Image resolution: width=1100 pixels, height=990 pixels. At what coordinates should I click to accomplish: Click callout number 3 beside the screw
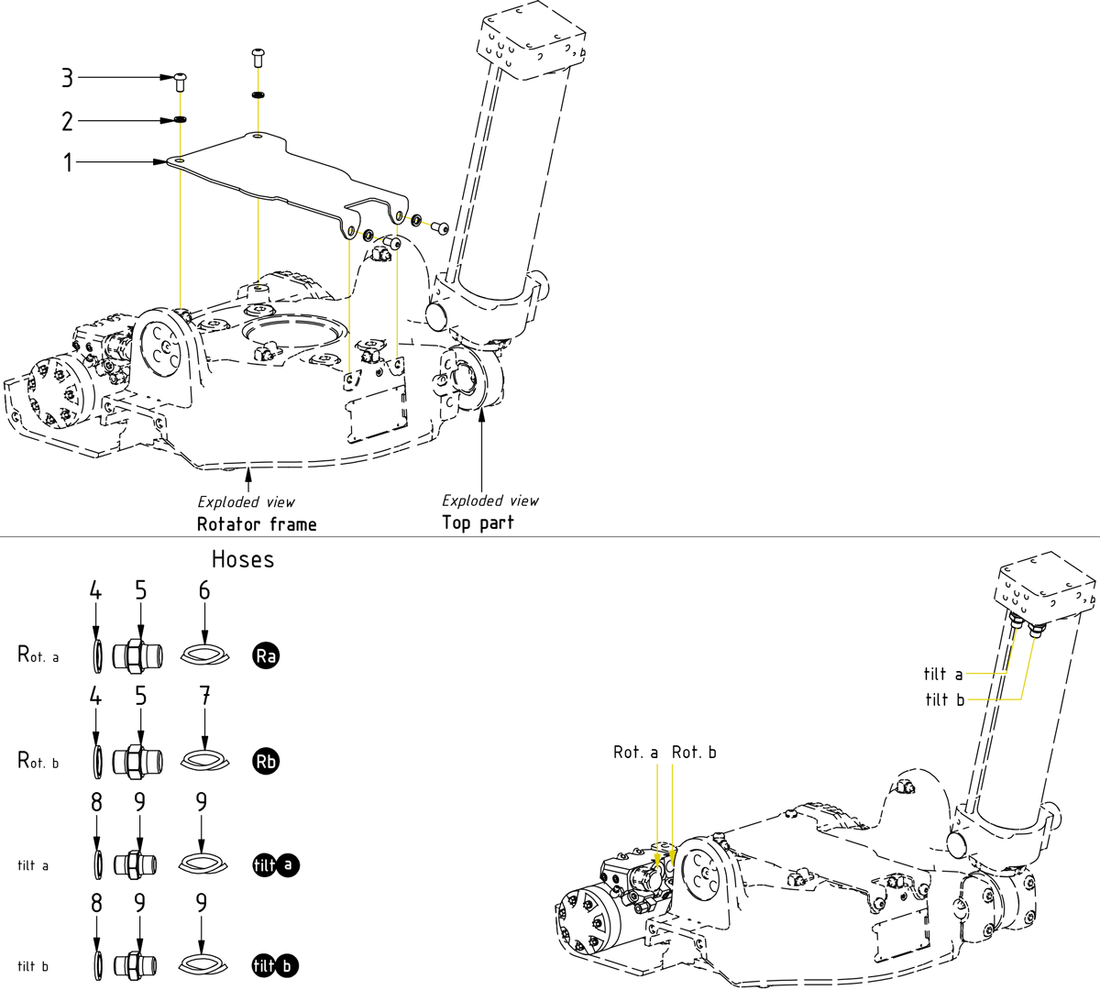coord(67,78)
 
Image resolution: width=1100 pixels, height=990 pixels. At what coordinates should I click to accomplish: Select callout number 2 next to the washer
coord(67,121)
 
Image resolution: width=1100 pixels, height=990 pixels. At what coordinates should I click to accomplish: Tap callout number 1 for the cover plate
coord(67,163)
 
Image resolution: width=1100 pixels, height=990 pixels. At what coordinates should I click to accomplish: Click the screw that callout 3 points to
coord(180,82)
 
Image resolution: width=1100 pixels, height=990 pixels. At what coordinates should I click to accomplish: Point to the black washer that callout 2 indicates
coord(181,120)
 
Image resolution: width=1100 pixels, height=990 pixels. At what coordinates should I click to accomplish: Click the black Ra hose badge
coord(266,655)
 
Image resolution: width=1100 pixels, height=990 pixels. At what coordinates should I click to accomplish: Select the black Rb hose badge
coord(266,761)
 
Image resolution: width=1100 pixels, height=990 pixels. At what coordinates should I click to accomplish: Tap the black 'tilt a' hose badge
coord(276,864)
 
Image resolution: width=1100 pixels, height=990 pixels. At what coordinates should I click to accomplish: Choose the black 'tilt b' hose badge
coord(276,965)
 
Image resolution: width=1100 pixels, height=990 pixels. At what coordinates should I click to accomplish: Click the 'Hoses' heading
coord(243,559)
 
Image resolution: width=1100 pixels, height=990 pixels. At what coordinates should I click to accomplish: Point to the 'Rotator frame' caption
coord(257,524)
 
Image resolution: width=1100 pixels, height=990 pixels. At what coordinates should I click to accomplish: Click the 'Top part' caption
coord(478,522)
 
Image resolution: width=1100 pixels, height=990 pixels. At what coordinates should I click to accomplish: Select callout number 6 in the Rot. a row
coord(204,591)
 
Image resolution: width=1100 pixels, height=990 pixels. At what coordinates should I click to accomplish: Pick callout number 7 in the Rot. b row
coord(204,697)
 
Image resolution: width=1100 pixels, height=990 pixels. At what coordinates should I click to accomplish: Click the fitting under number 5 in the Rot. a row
coord(137,655)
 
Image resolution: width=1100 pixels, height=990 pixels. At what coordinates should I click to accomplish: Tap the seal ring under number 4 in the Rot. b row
coord(96,761)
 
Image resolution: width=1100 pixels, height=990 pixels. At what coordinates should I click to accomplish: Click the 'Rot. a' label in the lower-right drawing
coord(635,753)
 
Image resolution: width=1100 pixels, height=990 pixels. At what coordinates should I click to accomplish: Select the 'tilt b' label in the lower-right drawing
coord(944,700)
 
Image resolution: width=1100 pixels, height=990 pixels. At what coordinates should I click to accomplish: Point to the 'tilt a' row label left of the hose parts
coord(33,865)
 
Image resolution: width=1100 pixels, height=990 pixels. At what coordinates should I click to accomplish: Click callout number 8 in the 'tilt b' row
coord(96,904)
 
